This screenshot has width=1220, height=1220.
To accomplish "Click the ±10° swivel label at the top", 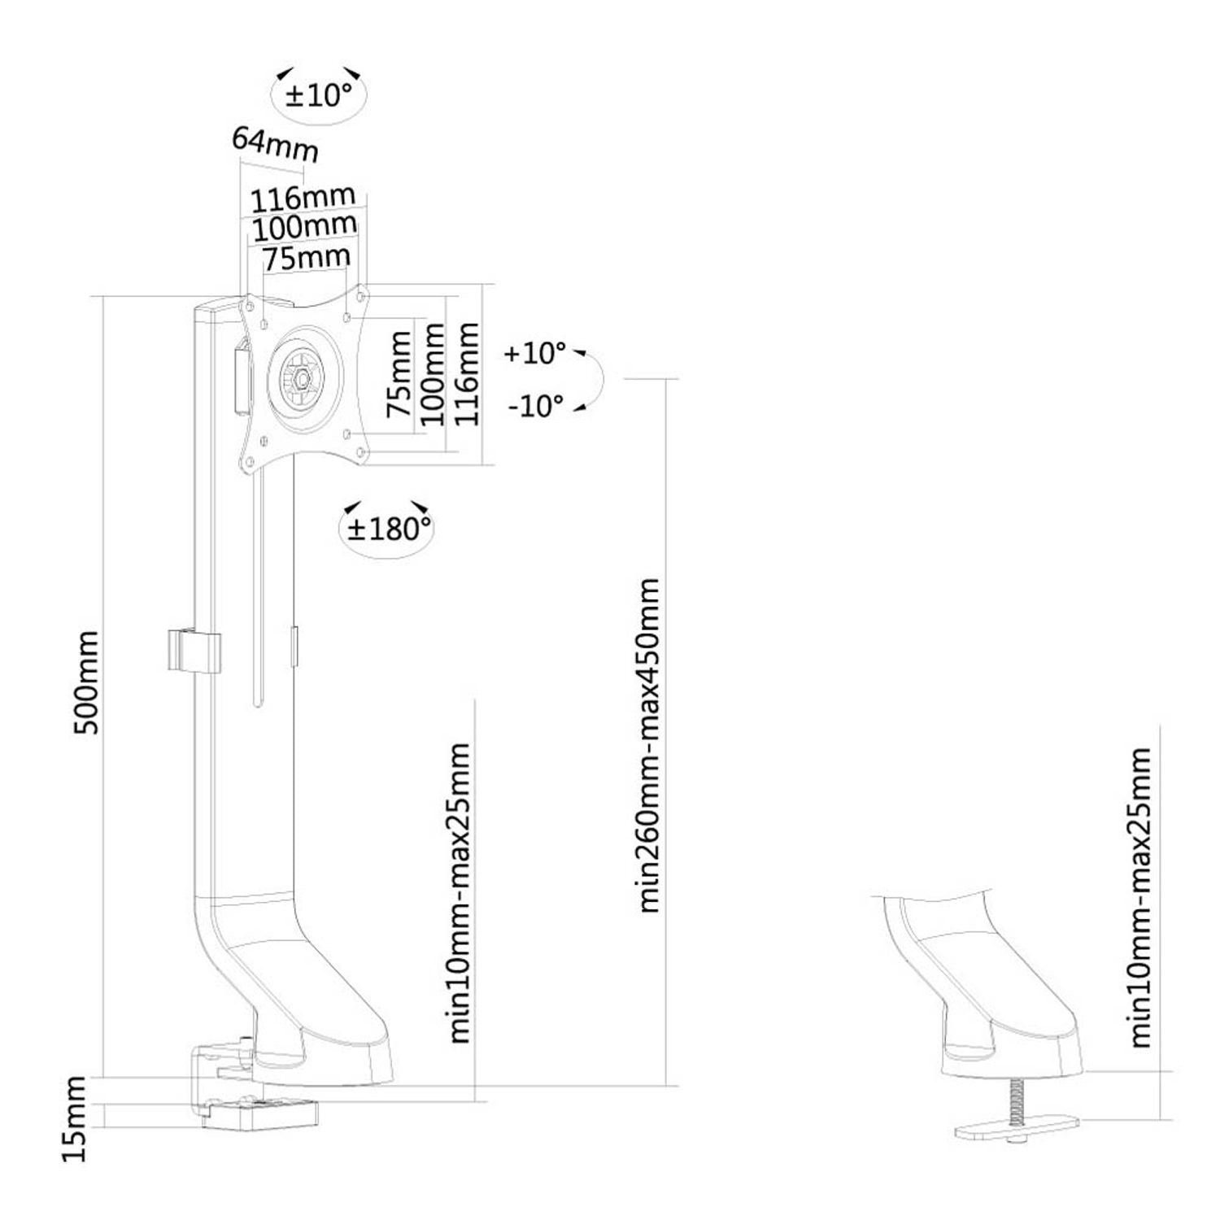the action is (320, 95).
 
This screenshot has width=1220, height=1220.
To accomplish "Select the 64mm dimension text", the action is (275, 143).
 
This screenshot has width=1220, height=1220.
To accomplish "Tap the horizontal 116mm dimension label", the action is (303, 198).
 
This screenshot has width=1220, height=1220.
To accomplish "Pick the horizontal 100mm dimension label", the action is (304, 227).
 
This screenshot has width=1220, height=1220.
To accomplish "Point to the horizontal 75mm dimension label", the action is (307, 259).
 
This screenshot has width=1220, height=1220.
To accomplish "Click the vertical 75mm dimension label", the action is (399, 373).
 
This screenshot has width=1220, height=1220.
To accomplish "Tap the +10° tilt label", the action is (535, 353).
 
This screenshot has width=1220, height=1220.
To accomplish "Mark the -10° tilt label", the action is (535, 405).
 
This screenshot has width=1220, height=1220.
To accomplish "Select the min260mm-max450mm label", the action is (648, 745).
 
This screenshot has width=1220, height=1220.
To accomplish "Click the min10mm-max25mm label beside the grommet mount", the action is (1141, 898).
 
